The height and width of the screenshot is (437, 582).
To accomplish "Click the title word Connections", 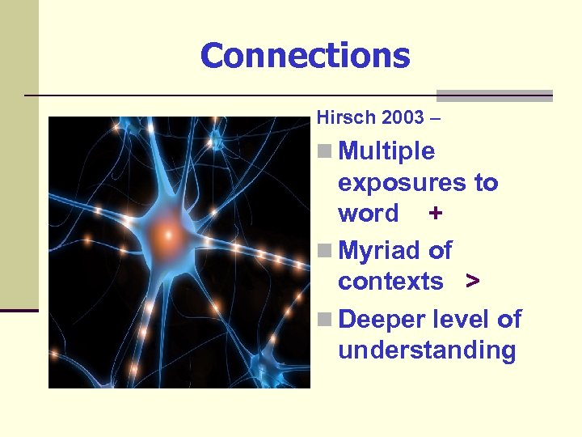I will [x=305, y=56].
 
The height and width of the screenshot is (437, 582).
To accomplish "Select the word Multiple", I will [x=387, y=151].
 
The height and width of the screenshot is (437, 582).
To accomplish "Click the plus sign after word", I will [x=436, y=214].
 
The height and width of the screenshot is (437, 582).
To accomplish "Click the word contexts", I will [x=390, y=282].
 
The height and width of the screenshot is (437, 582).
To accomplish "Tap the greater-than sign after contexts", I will [x=472, y=282].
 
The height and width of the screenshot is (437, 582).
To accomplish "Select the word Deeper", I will [x=385, y=320].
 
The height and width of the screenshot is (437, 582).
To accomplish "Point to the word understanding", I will [x=427, y=350].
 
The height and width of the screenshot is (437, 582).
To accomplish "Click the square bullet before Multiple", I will [x=324, y=151].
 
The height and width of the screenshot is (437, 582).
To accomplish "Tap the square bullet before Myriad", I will [x=324, y=251].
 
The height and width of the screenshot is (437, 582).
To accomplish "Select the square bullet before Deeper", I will [x=324, y=320].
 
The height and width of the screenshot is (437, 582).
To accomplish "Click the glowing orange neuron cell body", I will [x=166, y=235].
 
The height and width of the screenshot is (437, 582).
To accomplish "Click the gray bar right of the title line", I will [x=494, y=95].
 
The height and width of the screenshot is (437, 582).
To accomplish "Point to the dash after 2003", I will [x=437, y=119].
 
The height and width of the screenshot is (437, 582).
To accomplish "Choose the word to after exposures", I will [x=486, y=183].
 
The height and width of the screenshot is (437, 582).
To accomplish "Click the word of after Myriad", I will [x=441, y=251].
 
